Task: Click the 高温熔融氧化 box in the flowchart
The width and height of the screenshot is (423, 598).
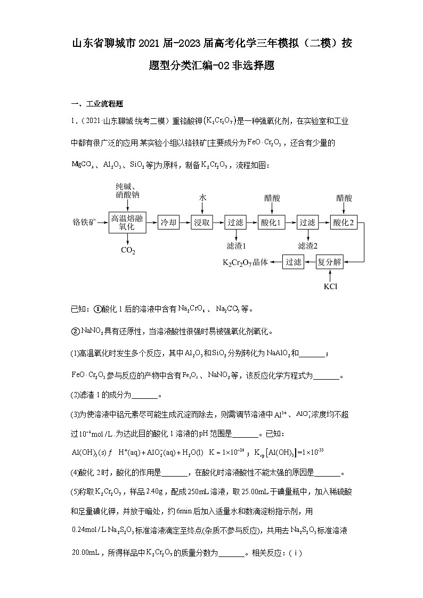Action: [x=127, y=223]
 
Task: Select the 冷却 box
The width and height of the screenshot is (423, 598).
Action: [x=168, y=223]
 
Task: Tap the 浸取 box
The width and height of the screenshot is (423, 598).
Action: [x=202, y=223]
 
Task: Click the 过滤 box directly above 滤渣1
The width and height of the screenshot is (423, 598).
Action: [x=235, y=223]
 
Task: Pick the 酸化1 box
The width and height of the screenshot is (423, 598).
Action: [x=272, y=223]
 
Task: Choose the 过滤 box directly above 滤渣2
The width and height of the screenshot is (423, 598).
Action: [x=307, y=223]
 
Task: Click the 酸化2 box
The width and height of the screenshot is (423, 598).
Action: [x=344, y=223]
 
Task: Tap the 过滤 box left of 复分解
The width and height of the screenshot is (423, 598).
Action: [x=293, y=262]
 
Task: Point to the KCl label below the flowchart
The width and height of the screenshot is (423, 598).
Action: [x=330, y=286]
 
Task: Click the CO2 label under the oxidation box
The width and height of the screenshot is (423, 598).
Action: [x=128, y=250]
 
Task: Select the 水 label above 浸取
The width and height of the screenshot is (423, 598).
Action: [x=202, y=198]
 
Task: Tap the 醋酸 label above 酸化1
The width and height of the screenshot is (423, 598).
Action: [x=272, y=198]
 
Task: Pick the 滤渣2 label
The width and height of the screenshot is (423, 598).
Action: [x=307, y=246]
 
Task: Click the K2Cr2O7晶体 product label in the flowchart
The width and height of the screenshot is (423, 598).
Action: [x=245, y=263]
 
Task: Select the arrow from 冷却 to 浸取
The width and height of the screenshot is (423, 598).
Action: [x=185, y=223]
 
